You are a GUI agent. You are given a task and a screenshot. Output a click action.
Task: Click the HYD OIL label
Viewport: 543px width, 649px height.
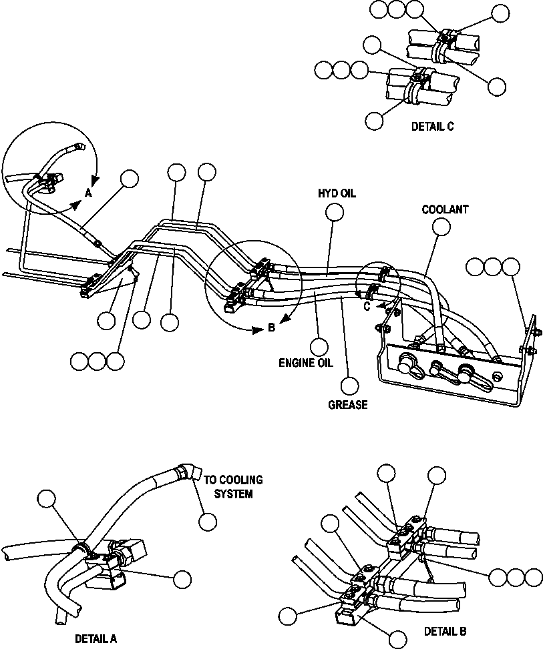pyautogui.click(x=337, y=193)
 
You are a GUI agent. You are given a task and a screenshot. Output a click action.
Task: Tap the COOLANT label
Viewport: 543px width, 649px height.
pyautogui.click(x=445, y=209)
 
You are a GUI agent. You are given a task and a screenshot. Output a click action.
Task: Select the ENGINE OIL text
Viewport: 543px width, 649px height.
pyautogui.click(x=307, y=364)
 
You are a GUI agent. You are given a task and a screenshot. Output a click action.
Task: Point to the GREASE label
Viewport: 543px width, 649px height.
pyautogui.click(x=347, y=405)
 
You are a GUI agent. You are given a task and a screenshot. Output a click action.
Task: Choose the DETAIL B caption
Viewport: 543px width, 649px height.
pyautogui.click(x=445, y=631)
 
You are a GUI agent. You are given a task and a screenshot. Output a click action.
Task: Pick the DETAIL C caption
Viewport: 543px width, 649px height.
pyautogui.click(x=432, y=127)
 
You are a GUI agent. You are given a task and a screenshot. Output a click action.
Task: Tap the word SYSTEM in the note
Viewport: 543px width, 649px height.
pyautogui.click(x=233, y=494)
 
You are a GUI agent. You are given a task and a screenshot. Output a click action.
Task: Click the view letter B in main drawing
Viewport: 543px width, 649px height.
pyautogui.click(x=271, y=328)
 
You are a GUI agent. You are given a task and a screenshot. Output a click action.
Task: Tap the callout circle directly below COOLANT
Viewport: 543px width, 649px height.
pyautogui.click(x=441, y=227)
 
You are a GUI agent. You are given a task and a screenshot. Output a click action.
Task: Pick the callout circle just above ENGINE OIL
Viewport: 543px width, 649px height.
pyautogui.click(x=320, y=346)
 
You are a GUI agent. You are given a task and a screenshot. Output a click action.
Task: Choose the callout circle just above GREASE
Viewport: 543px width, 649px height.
pyautogui.click(x=349, y=386)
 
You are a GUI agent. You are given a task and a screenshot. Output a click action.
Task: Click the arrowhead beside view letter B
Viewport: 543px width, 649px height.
pyautogui.click(x=256, y=328)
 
